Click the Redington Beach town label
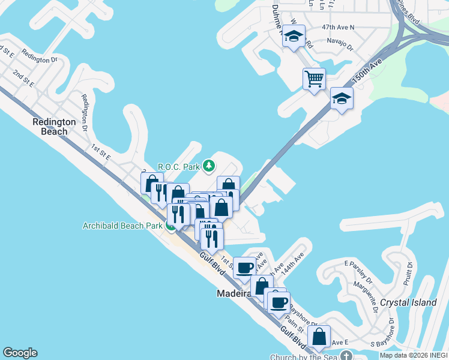click(53, 127)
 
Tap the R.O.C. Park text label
click(179, 166)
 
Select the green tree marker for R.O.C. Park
click(208, 166)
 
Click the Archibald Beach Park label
click(122, 226)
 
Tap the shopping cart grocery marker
click(314, 78)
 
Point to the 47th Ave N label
click(338, 27)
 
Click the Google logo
click(20, 353)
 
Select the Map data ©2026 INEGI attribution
click(414, 355)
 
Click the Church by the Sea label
click(304, 356)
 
